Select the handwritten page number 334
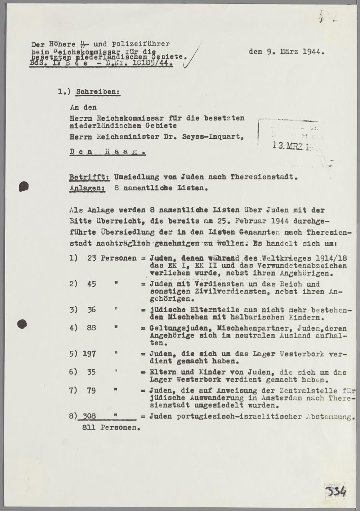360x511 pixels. tap(334, 491)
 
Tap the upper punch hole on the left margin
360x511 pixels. tap(24, 186)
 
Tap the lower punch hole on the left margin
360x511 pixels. tap(22, 323)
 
